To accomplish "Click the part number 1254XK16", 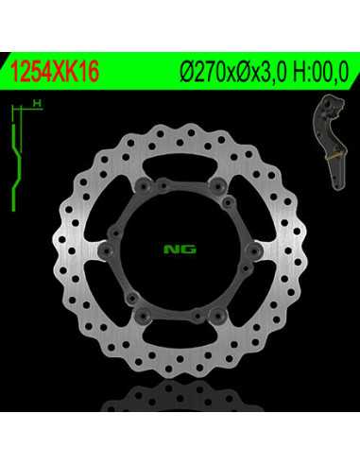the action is point(55,71).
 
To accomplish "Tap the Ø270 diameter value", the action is point(203,72).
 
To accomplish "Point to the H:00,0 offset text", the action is point(321,72).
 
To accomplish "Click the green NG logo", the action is point(180,250).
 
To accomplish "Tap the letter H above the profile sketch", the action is point(37,103).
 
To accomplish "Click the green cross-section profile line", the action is point(16,167).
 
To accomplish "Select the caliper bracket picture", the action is point(330,142).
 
